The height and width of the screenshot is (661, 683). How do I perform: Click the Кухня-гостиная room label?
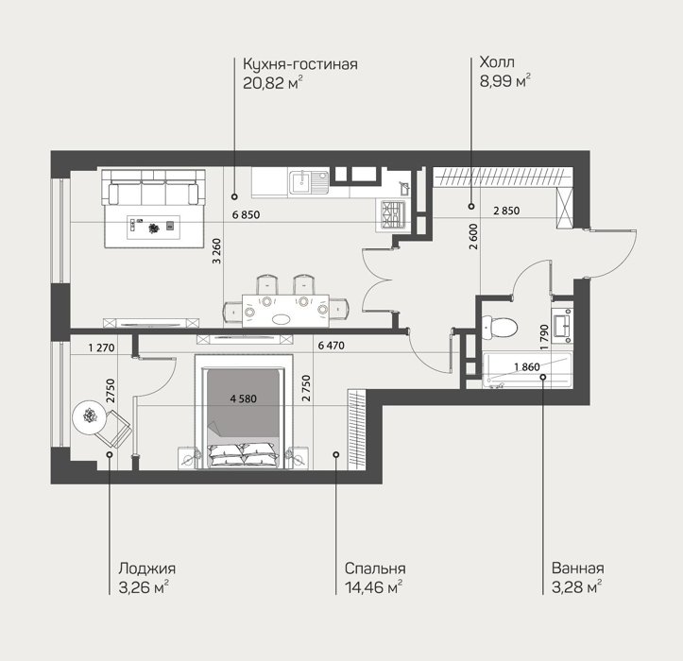(x=300, y=64)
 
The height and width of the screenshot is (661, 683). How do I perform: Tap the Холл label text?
(x=497, y=62)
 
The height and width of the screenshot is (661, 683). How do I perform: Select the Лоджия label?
(x=146, y=568)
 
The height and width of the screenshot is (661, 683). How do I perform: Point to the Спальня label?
(x=375, y=568)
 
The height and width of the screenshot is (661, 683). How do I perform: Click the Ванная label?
(x=577, y=568)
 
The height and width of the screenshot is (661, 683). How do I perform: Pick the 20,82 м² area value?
(x=273, y=82)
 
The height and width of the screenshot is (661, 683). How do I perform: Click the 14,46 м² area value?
(x=373, y=587)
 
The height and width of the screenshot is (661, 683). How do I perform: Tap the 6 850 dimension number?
(x=247, y=214)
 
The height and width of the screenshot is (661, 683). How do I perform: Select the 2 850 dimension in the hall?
(x=506, y=211)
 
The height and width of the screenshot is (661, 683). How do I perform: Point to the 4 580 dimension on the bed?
(x=244, y=398)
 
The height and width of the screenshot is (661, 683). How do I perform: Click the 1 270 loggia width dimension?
(x=101, y=347)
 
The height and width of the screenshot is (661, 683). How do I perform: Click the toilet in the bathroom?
(x=500, y=327)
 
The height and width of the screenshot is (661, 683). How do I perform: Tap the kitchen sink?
(x=309, y=182)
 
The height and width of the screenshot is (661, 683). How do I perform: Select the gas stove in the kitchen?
(x=393, y=215)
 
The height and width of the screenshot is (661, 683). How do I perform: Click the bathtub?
(x=527, y=370)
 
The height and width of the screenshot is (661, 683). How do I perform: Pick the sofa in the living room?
(x=153, y=187)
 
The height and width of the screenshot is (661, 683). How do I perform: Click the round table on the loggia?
(x=90, y=417)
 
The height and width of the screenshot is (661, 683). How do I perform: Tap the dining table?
(x=285, y=311)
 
